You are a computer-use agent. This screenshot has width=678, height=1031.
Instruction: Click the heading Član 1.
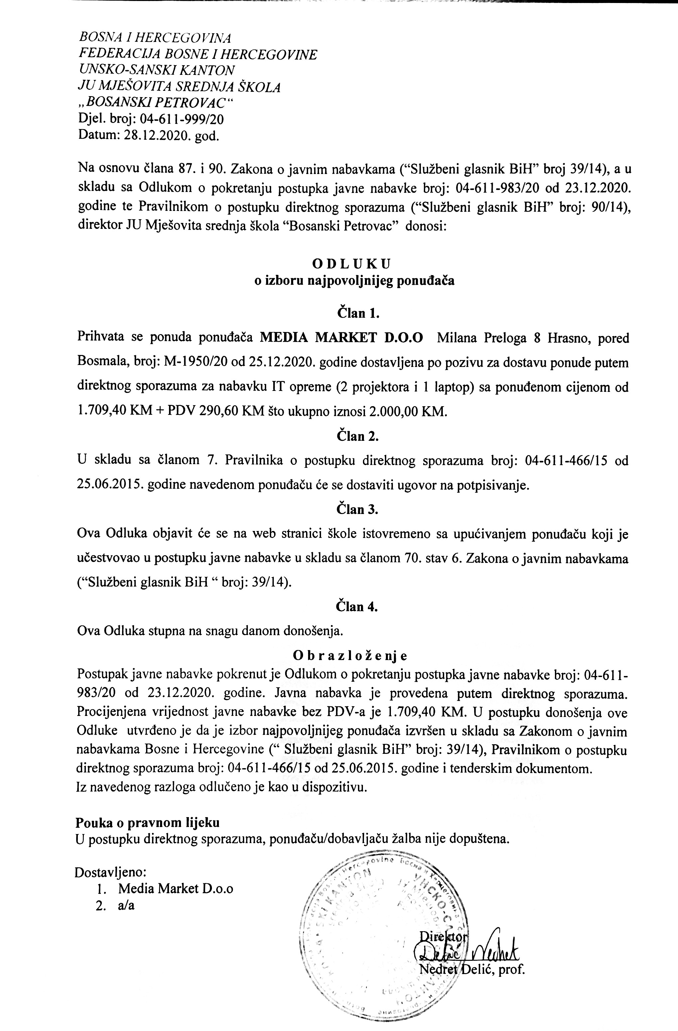[x=358, y=313]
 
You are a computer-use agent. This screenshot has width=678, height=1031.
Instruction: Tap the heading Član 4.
[x=358, y=606]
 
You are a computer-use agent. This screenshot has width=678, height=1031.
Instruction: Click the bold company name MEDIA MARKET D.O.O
[x=341, y=338]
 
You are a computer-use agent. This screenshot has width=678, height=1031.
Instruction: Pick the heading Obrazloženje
[x=350, y=655]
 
